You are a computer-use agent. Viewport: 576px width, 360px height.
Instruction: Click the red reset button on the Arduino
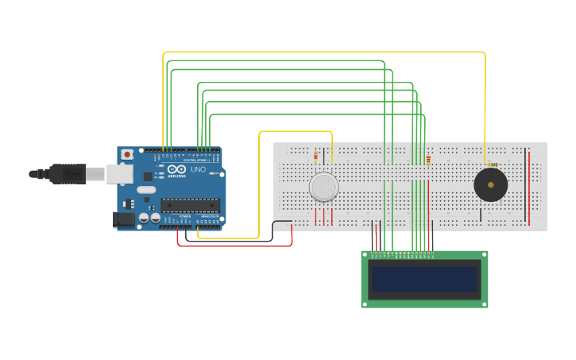126,154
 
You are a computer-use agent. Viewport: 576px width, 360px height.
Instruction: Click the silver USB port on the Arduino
119,173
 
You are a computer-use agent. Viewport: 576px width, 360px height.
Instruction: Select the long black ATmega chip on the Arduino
190,205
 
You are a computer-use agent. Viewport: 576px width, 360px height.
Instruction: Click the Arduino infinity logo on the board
176,169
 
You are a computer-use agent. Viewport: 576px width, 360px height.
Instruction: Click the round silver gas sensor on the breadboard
323,187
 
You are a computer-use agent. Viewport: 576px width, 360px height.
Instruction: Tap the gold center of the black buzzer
491,185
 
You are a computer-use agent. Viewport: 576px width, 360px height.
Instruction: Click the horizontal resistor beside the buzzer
493,165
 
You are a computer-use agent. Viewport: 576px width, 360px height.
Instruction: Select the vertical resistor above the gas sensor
315,156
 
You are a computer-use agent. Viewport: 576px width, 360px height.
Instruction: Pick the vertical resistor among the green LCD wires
428,159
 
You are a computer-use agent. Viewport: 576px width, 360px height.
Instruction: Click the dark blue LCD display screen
424,279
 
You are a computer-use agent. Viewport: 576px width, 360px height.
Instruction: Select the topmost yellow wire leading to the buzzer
318,52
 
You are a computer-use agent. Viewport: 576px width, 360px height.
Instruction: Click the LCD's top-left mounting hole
365,254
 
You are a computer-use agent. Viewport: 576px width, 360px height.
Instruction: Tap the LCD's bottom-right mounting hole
484,304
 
